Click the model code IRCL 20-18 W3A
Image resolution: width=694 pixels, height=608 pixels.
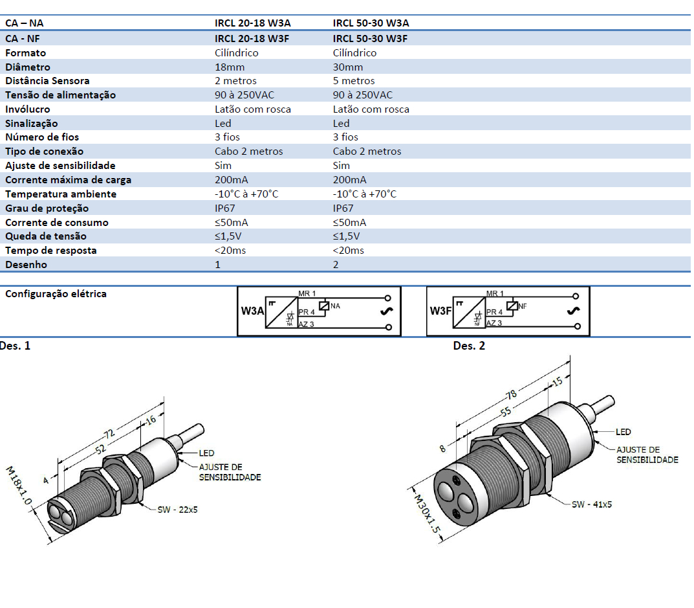[252, 23]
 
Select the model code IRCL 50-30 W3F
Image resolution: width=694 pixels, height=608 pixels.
[370, 38]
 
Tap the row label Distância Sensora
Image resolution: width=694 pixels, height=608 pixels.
[47, 81]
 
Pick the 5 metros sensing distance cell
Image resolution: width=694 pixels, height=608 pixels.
[354, 81]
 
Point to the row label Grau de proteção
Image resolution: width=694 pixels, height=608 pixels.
[47, 208]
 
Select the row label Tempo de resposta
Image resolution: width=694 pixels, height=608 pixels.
[50, 251]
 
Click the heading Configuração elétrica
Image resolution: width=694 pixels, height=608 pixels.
[56, 294]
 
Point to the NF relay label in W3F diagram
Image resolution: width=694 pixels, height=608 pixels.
[523, 305]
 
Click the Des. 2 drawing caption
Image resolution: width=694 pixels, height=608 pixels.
[469, 346]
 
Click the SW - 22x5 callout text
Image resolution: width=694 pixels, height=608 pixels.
[177, 510]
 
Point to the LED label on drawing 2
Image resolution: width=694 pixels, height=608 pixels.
[623, 432]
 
